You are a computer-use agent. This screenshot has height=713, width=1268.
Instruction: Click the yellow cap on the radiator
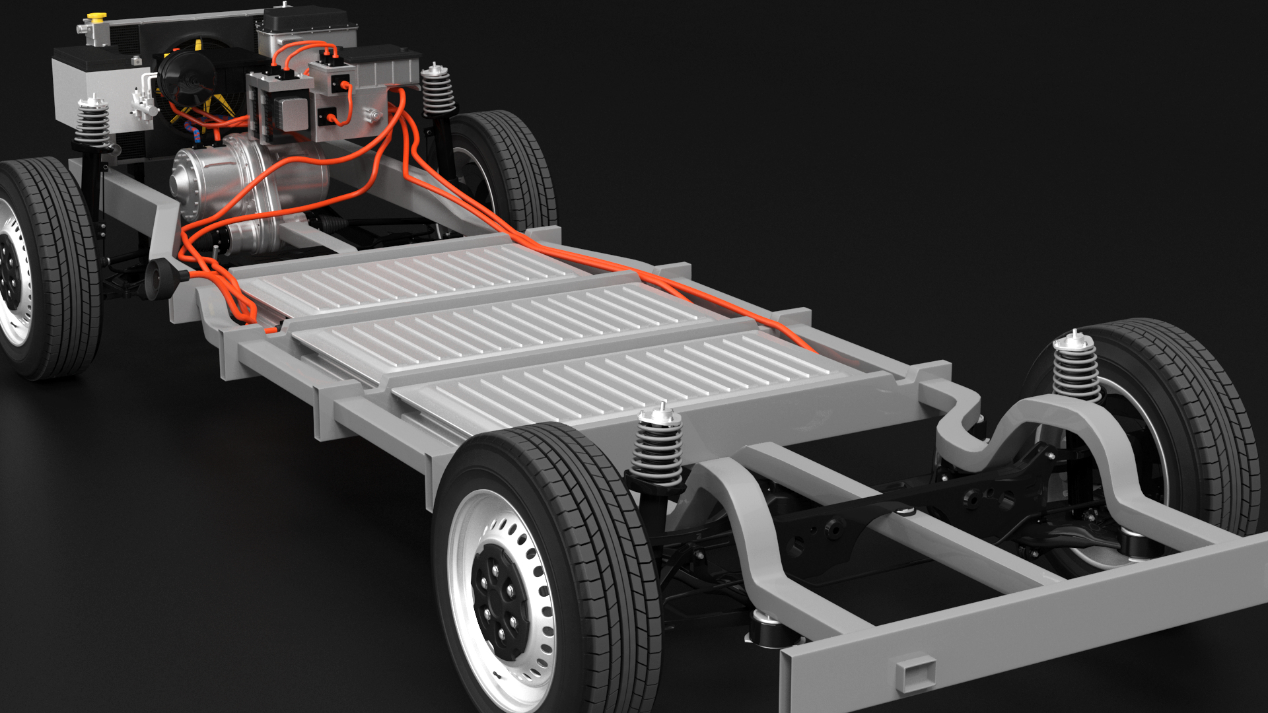pos(97,15)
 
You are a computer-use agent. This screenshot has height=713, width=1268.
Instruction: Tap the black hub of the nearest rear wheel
pos(500,603)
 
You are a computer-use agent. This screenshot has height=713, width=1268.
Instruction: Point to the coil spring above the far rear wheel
pos(1076,368)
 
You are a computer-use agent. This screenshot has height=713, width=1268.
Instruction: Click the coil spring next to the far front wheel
pos(438,91)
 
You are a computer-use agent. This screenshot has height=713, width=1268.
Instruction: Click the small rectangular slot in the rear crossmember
pos(915,673)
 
